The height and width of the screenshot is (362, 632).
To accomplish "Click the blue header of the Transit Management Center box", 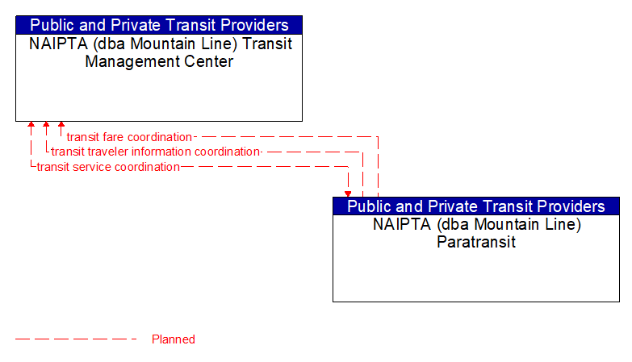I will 159,25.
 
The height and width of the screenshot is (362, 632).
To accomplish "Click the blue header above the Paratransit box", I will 476,206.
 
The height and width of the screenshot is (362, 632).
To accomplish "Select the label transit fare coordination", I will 129,137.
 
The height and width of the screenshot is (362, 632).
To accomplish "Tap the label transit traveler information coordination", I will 156,152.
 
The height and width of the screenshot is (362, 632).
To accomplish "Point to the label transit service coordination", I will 108,167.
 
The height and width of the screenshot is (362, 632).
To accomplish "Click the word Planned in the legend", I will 174,339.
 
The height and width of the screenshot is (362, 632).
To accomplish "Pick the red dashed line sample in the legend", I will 77,339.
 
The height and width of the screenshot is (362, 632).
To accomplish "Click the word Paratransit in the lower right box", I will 476,241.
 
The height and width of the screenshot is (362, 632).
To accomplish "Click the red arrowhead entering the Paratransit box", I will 348,193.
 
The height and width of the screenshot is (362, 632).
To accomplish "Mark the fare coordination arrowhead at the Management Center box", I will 61,126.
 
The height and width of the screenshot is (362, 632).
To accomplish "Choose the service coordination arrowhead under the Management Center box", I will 31,126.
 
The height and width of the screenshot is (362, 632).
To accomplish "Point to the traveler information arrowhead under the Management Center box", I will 46,126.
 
